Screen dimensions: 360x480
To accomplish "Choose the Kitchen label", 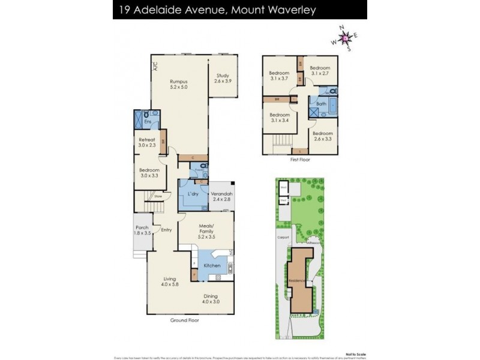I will [x=212, y=265].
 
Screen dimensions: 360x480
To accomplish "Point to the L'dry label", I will [x=193, y=195].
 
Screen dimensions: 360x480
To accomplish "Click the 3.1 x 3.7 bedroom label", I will [x=279, y=76].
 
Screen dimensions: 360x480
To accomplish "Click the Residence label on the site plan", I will [x=298, y=281].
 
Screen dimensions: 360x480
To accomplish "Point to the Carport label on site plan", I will [x=283, y=237].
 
